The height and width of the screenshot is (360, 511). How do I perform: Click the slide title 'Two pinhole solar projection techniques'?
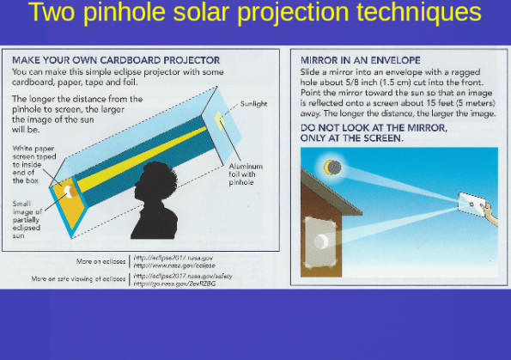(x=254, y=14)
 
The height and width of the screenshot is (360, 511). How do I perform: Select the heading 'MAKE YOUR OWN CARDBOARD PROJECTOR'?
(x=116, y=61)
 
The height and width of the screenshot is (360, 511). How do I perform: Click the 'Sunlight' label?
(x=253, y=104)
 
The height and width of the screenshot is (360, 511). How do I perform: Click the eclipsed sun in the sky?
(x=332, y=168)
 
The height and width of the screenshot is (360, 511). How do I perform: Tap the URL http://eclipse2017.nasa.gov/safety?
(x=182, y=276)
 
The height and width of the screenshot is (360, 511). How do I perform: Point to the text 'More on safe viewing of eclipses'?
(x=79, y=279)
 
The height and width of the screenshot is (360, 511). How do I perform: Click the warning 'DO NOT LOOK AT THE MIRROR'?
(x=374, y=127)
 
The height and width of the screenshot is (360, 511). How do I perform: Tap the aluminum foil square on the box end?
(x=222, y=119)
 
